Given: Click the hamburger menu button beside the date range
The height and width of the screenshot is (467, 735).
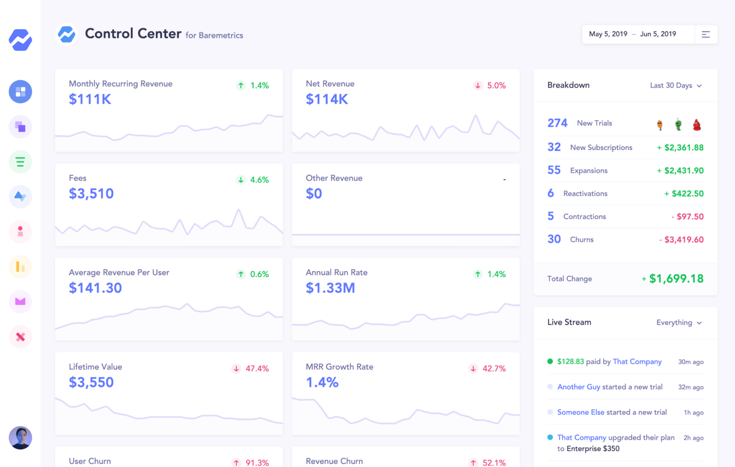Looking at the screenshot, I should click(x=706, y=34).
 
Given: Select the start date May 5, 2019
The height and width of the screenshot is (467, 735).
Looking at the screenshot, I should click(x=608, y=34).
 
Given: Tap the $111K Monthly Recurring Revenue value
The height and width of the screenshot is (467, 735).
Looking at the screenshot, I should click(x=90, y=99).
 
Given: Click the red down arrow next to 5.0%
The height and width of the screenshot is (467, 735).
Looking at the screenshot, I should click(x=478, y=85).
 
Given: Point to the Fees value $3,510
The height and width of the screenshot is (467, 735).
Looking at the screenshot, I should click(x=91, y=194).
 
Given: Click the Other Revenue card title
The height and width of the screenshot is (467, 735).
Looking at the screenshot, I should click(x=334, y=178).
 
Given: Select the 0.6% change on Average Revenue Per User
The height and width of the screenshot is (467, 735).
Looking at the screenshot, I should click(x=259, y=274).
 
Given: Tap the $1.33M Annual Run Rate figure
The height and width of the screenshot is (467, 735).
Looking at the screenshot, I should click(x=330, y=288).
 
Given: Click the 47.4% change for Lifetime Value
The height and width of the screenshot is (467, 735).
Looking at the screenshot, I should click(x=257, y=369).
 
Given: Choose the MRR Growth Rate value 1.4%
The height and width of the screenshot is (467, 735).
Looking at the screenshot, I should click(x=322, y=383).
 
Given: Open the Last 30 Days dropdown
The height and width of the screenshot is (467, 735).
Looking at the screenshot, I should click(x=675, y=85).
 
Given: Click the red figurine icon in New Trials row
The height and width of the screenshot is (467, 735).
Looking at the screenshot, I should click(x=697, y=125).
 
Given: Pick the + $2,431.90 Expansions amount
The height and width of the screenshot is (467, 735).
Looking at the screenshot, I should click(x=680, y=171).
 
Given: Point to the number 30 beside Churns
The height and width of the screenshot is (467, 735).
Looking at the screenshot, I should click(x=554, y=239).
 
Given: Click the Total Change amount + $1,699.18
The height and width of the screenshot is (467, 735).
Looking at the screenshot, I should click(x=673, y=279).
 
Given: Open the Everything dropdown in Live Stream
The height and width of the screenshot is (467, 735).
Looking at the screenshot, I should click(x=678, y=323).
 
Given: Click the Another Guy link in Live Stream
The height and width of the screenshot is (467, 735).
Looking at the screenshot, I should click(x=579, y=387).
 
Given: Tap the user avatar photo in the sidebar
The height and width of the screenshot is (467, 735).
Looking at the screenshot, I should click(x=20, y=438).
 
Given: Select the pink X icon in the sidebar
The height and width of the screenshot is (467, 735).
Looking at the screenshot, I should click(x=20, y=337).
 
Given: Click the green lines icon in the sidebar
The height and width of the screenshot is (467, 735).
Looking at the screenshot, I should click(x=20, y=162).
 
